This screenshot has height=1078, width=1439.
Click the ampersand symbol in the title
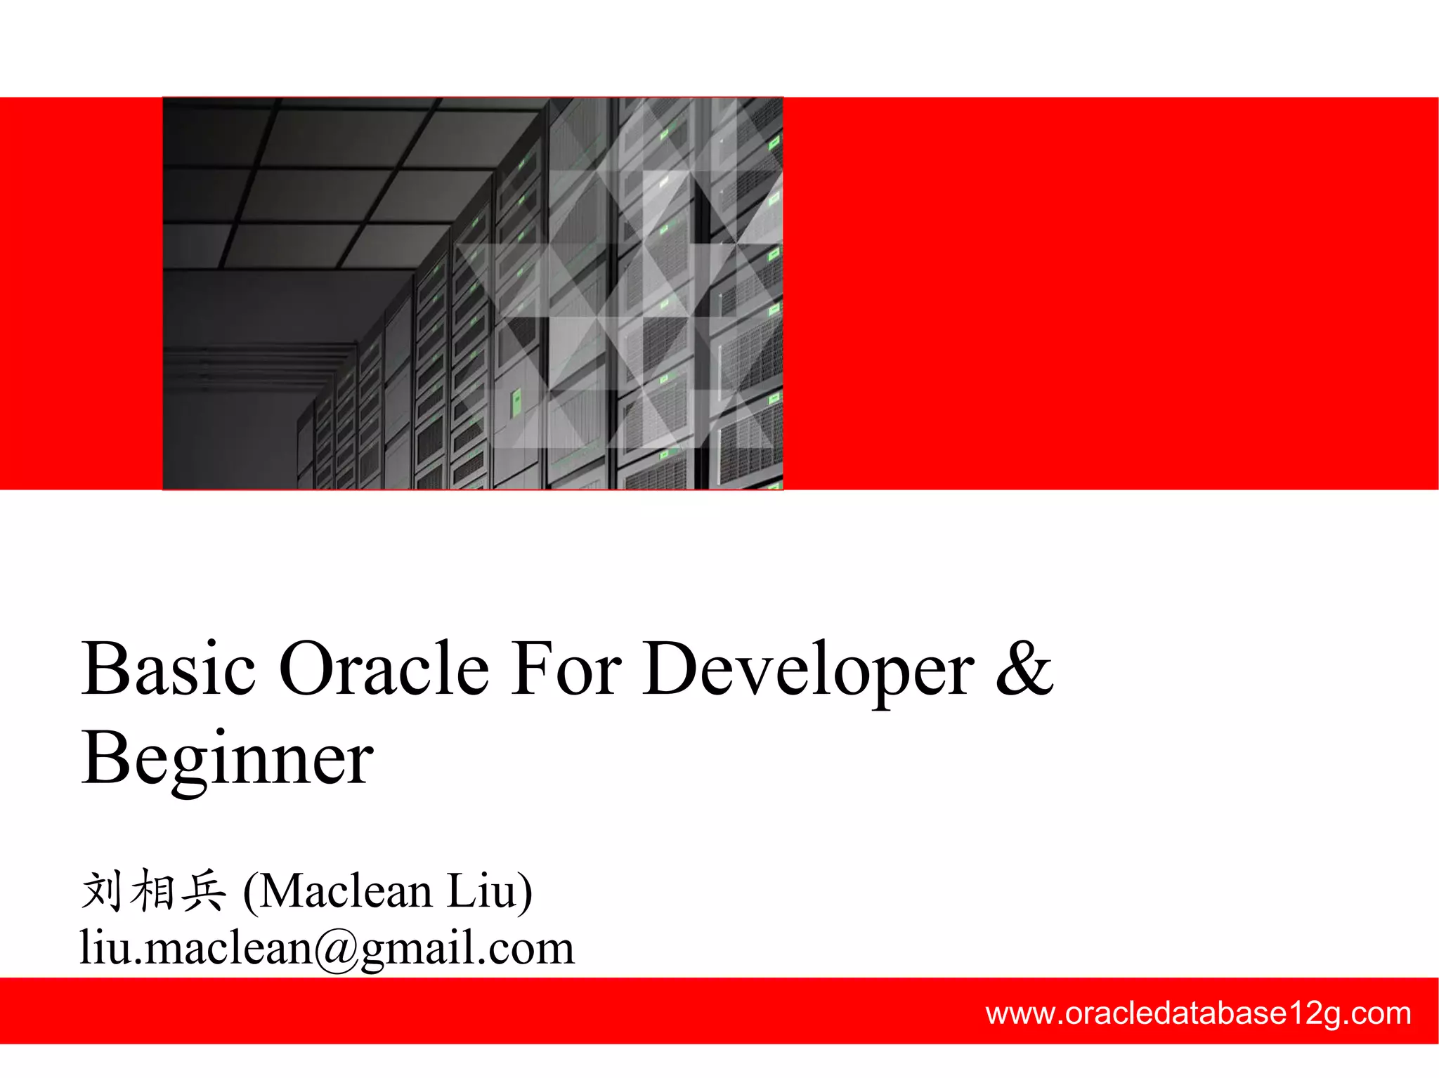(1024, 668)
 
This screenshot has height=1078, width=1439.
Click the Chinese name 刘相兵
(153, 890)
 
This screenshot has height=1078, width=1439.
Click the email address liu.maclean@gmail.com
(327, 947)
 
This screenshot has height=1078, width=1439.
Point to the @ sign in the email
(337, 949)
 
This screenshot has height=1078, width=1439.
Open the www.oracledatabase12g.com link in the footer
(1198, 1013)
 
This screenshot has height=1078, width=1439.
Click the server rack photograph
(472, 293)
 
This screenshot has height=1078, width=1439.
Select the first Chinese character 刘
(103, 890)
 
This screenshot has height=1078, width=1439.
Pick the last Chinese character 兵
(204, 890)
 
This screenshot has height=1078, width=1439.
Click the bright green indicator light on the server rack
(516, 401)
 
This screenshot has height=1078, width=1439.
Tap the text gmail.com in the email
(468, 949)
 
